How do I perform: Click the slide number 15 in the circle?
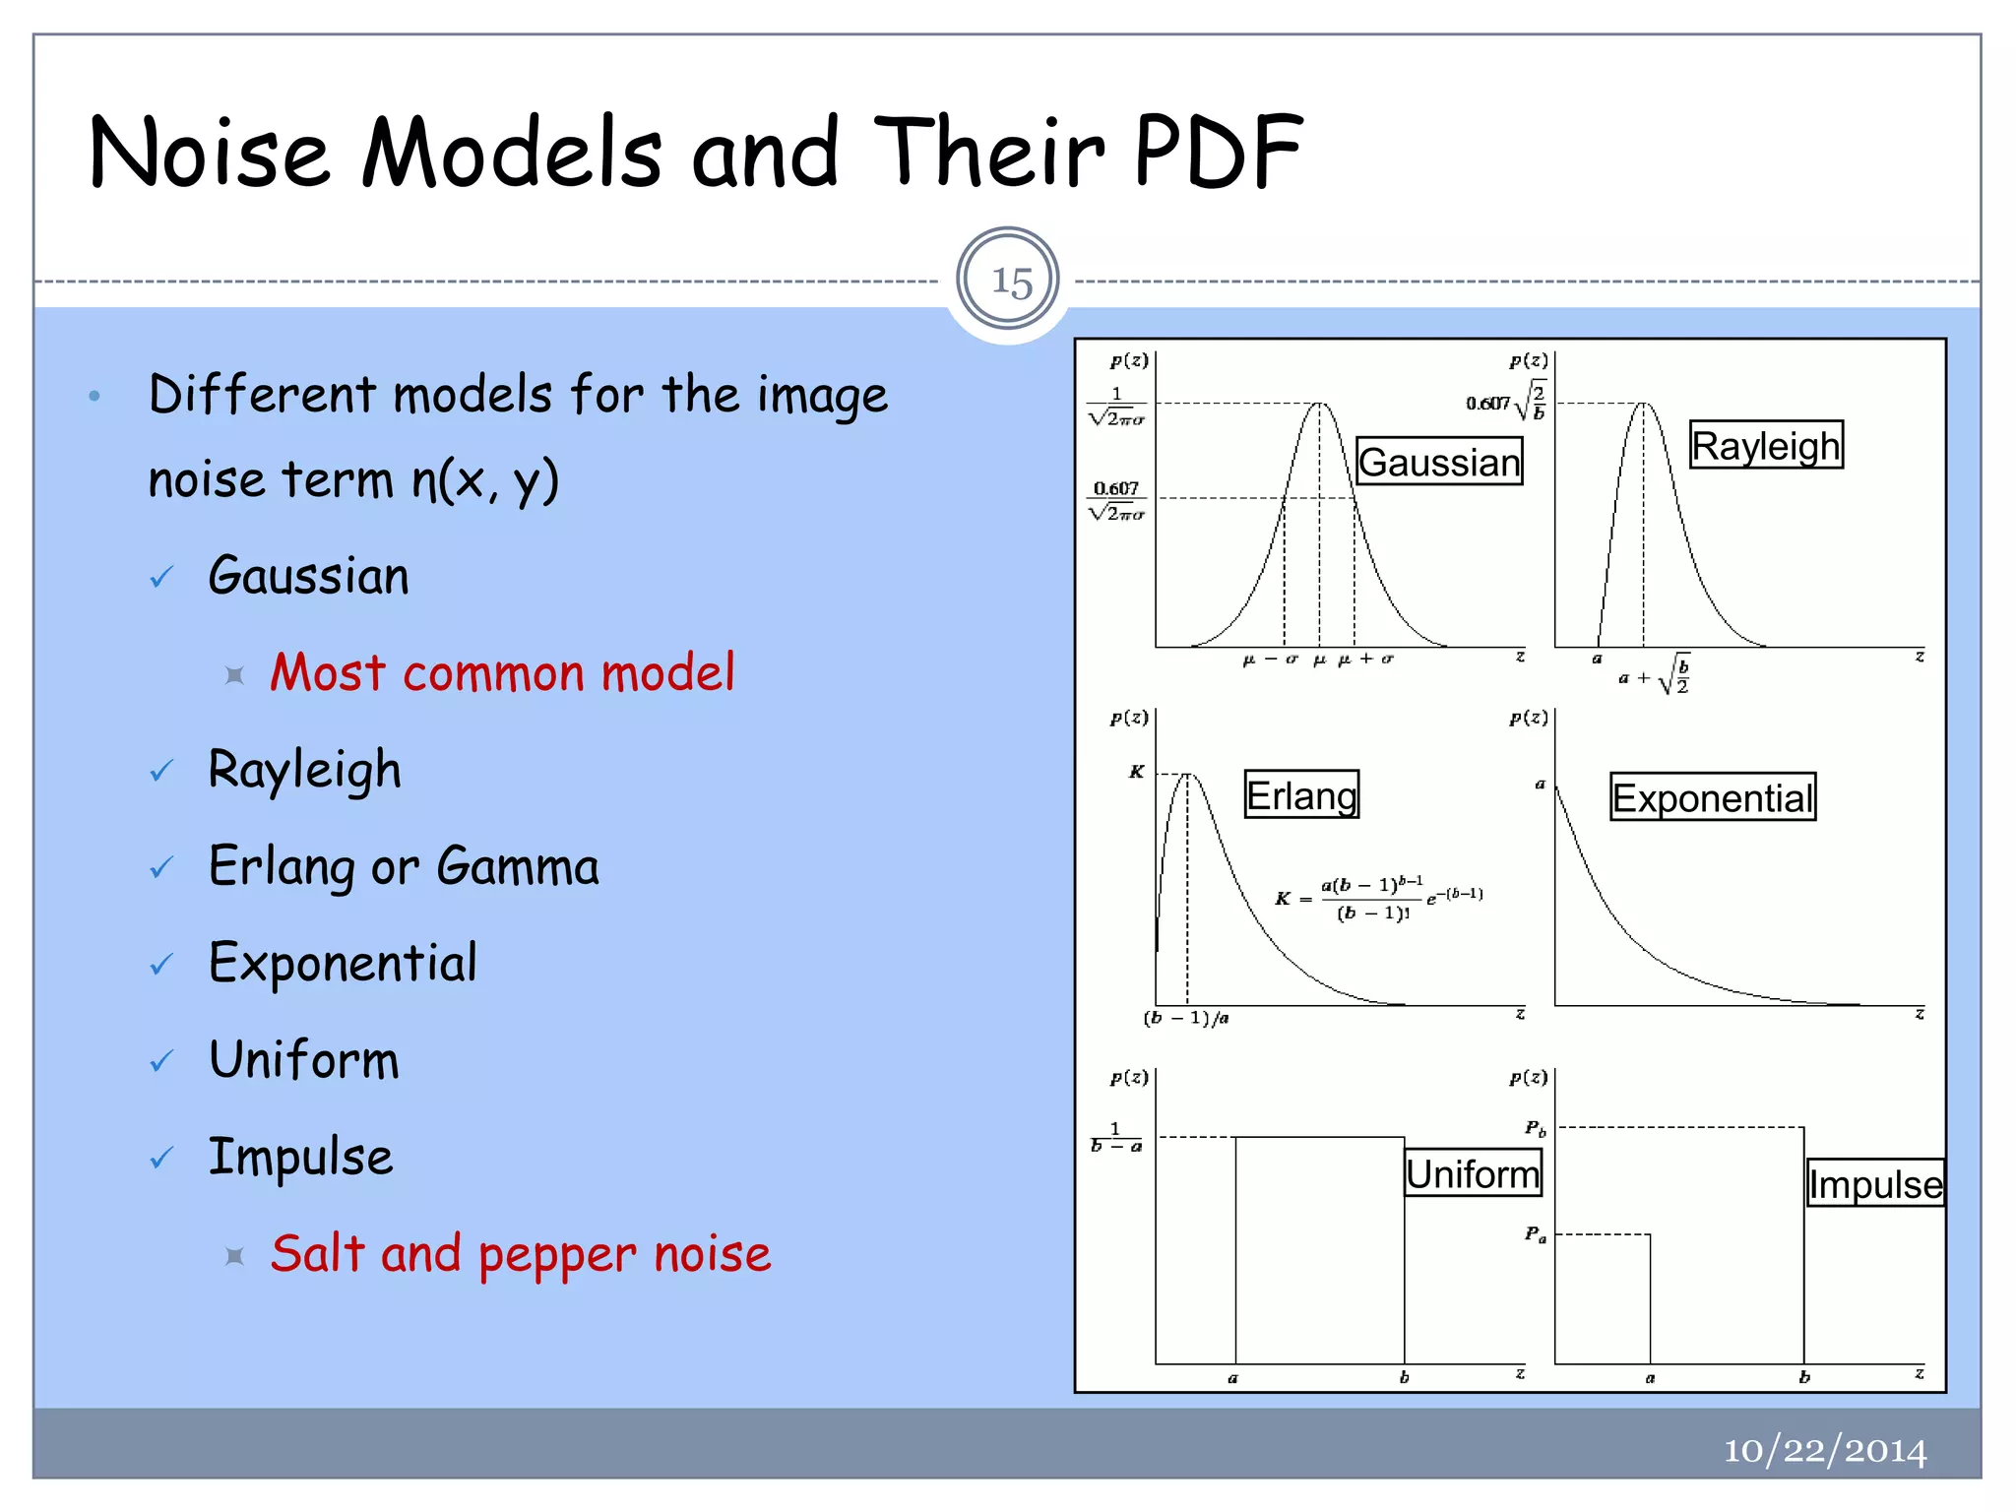(1010, 282)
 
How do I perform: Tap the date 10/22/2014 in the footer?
(1824, 1450)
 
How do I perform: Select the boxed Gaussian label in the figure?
(1438, 462)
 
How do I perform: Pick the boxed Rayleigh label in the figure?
(1765, 446)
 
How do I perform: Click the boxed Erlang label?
(1300, 795)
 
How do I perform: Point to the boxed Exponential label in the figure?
(1712, 797)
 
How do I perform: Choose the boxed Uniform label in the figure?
(1472, 1173)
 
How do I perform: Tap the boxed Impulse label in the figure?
(1874, 1183)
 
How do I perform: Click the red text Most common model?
(502, 673)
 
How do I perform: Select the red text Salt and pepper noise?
(521, 1254)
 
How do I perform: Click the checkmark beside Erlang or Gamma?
(161, 868)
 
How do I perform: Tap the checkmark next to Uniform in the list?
(161, 1061)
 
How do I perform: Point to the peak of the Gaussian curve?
(1320, 404)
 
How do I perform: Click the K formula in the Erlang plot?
(1378, 898)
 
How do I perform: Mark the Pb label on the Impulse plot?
(1535, 1128)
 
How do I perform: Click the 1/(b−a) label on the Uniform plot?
(1116, 1137)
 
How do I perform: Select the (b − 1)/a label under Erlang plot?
(1186, 1018)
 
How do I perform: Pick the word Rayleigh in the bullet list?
(304, 770)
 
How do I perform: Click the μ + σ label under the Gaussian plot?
(1366, 660)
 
